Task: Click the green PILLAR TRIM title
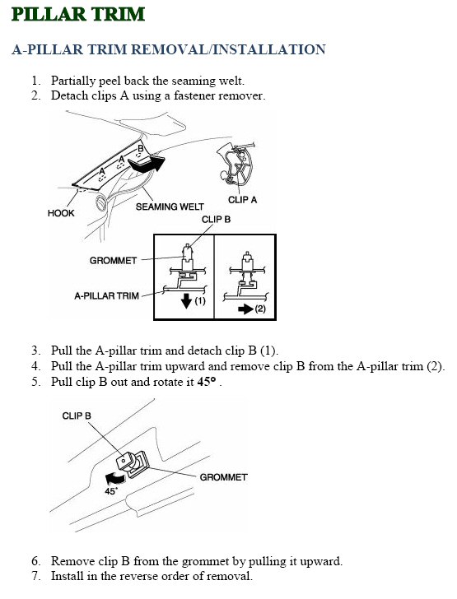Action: pyautogui.click(x=78, y=15)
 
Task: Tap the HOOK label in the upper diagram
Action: pyautogui.click(x=61, y=213)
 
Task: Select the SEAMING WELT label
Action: pyautogui.click(x=170, y=207)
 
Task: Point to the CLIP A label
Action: pyautogui.click(x=242, y=200)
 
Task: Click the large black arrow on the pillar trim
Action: pyautogui.click(x=147, y=164)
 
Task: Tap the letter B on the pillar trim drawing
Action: pyautogui.click(x=140, y=148)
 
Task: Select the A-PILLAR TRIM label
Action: pyautogui.click(x=106, y=295)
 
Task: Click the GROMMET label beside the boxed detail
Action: pyautogui.click(x=113, y=261)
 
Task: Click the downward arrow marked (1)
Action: pyautogui.click(x=187, y=300)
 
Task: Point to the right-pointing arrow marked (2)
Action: pyautogui.click(x=245, y=309)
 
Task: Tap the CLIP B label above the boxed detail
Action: pyautogui.click(x=216, y=220)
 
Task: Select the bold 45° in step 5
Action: pyautogui.click(x=207, y=382)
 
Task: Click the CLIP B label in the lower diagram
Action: pyautogui.click(x=77, y=416)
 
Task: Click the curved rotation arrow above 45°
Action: pyautogui.click(x=114, y=477)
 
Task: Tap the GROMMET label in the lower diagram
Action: pyautogui.click(x=223, y=477)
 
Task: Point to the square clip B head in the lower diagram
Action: pyautogui.click(x=124, y=460)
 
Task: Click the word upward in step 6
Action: pyautogui.click(x=319, y=561)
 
